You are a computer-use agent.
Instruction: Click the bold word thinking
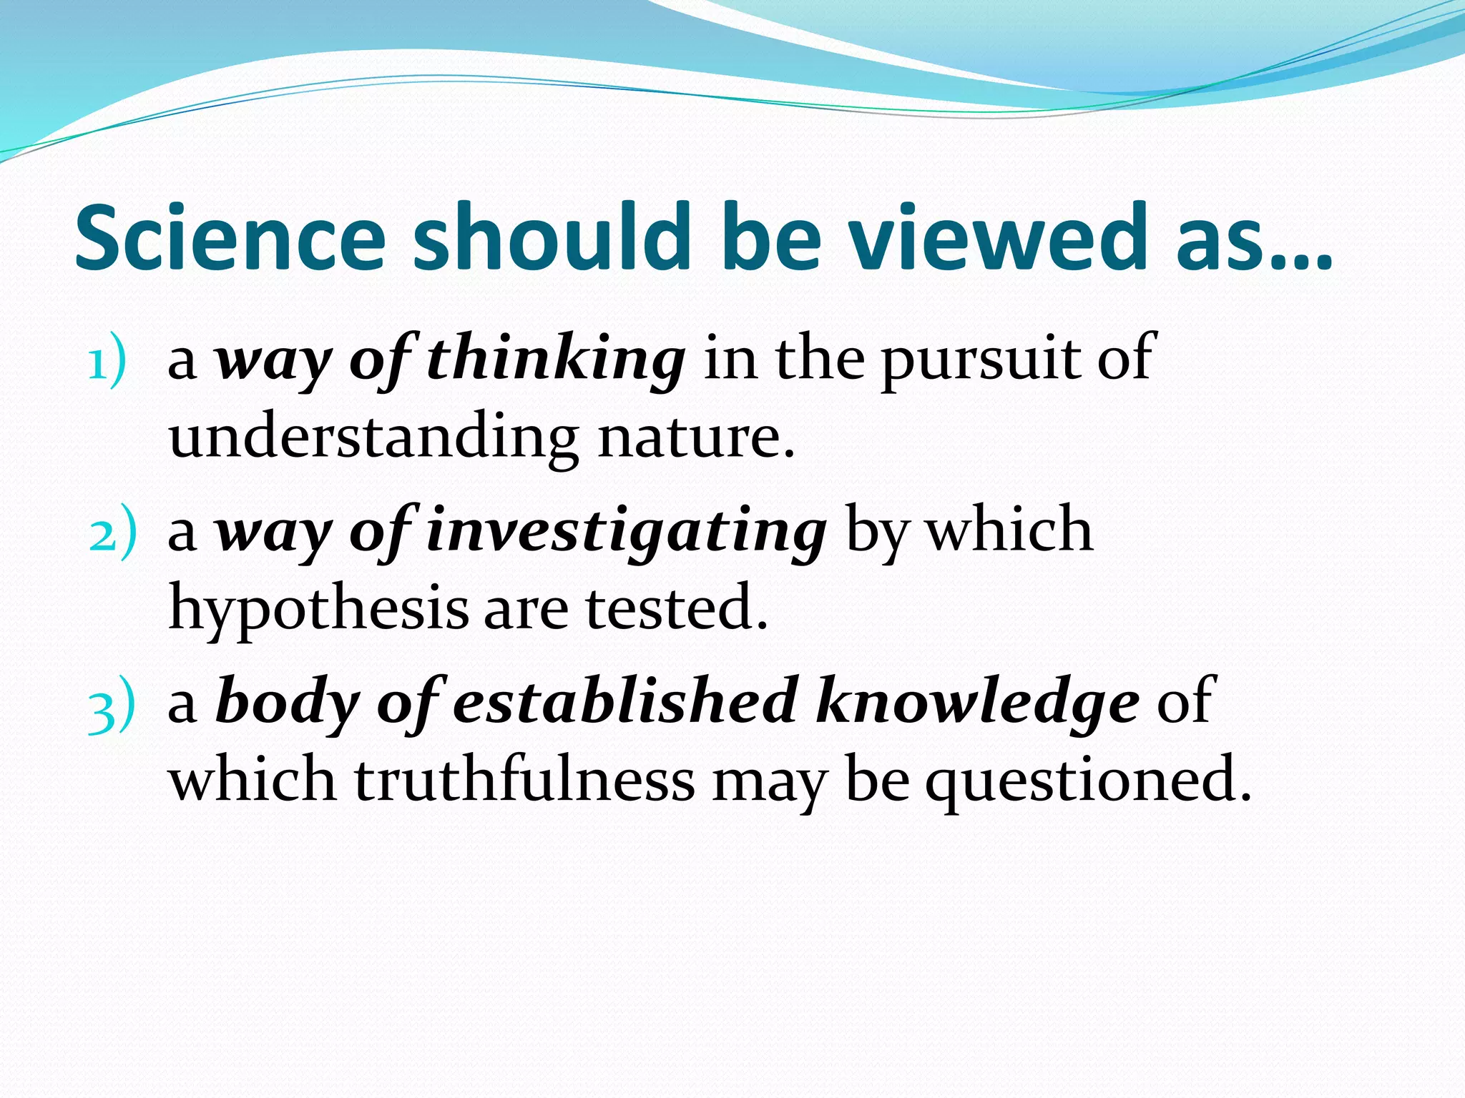[557, 360]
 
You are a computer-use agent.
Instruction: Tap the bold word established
[625, 702]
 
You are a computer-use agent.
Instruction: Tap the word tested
[677, 608]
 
